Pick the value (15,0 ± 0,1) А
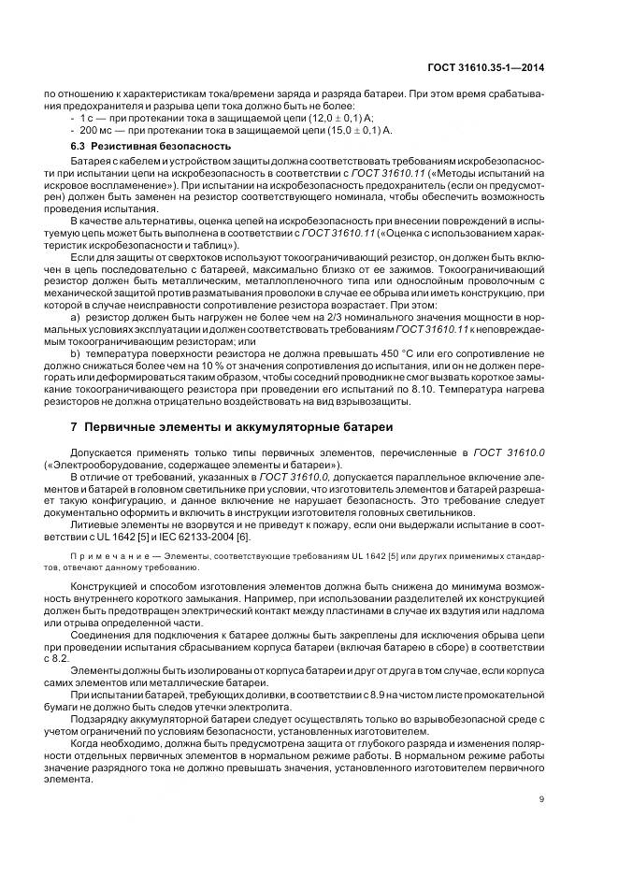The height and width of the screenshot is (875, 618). click(355, 132)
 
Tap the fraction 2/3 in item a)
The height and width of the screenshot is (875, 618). click(306, 318)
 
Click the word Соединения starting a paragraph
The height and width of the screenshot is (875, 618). click(98, 632)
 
